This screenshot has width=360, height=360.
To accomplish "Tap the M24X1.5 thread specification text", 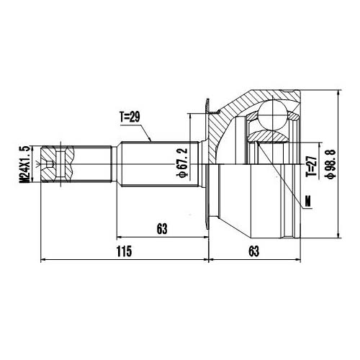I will coord(27,165).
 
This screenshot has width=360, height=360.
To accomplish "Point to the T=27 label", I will coord(311,168).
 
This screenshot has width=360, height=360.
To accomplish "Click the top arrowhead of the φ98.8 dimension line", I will coord(339,91).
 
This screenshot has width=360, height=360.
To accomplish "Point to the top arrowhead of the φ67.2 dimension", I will coord(190,114).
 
